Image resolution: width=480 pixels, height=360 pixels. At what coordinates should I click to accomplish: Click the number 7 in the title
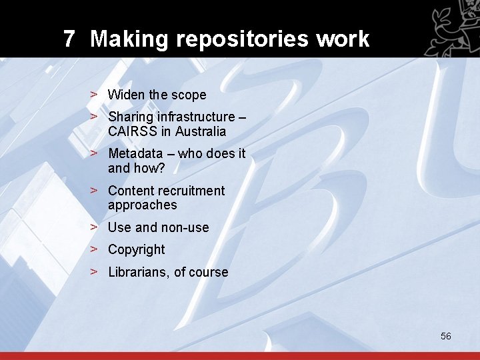coord(69,39)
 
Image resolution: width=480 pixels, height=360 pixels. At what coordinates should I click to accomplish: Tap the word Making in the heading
coord(129,39)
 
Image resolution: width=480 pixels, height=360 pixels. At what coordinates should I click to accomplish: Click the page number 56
coord(446,336)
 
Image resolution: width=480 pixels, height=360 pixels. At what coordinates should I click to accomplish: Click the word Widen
coord(127,95)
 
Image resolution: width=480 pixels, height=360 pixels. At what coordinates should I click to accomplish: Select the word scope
coord(188,95)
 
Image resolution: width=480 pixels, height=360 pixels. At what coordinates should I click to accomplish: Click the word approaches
coord(142,205)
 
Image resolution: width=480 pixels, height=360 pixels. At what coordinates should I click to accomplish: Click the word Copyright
coord(136,250)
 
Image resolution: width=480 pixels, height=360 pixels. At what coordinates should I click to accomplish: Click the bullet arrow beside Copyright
coord(95,249)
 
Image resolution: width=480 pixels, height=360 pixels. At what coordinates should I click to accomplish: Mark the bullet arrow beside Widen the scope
coord(95,95)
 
